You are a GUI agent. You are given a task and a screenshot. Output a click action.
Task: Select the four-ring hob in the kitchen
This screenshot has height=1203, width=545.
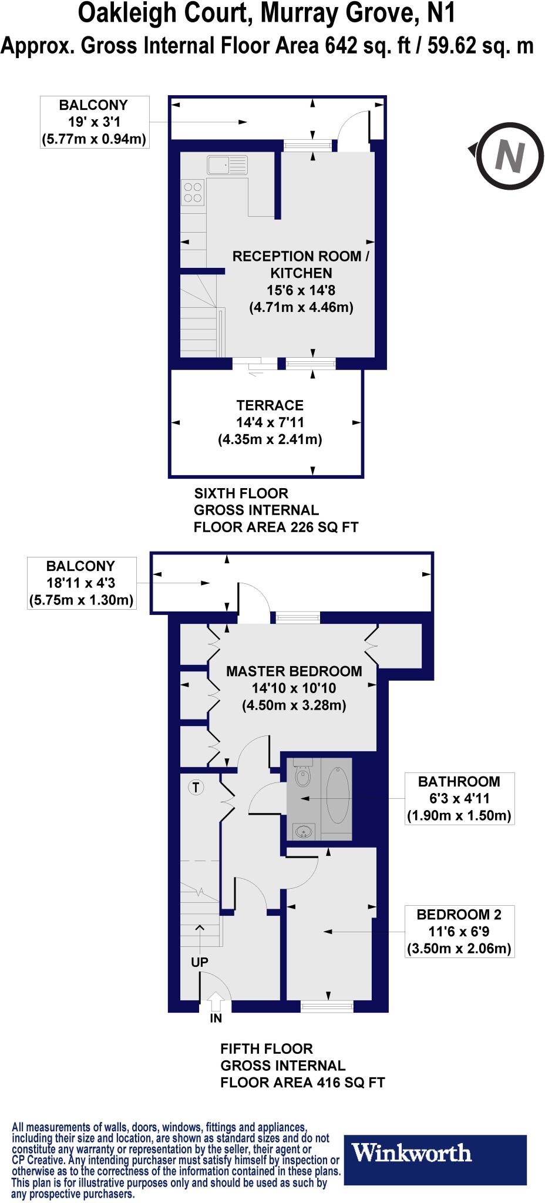point(193,191)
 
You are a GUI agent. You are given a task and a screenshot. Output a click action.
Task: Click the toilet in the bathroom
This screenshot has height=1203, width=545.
point(302,775)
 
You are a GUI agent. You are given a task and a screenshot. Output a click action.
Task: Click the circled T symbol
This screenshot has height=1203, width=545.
point(196,787)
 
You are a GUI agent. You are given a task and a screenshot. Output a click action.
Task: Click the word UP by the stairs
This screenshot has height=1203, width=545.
point(200,963)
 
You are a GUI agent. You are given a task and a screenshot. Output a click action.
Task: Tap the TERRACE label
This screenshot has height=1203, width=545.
point(270,405)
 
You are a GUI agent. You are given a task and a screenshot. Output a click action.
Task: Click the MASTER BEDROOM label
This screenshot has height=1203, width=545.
point(294,671)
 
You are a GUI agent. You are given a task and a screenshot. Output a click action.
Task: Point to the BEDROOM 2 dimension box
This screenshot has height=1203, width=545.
point(459,931)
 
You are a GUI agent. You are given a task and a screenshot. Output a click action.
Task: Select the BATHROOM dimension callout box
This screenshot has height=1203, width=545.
point(459,798)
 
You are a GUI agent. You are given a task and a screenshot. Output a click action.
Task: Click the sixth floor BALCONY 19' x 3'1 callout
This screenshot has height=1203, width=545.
point(93,122)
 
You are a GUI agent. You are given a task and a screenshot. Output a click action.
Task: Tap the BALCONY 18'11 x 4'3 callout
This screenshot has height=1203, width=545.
point(82,583)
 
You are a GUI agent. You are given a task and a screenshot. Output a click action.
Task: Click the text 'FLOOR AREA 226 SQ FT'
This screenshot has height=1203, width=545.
point(276,527)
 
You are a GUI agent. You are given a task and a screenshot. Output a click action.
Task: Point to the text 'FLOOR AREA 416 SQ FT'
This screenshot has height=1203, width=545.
point(302,1083)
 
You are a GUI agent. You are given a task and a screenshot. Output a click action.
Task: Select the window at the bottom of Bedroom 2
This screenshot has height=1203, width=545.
point(327,1007)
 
